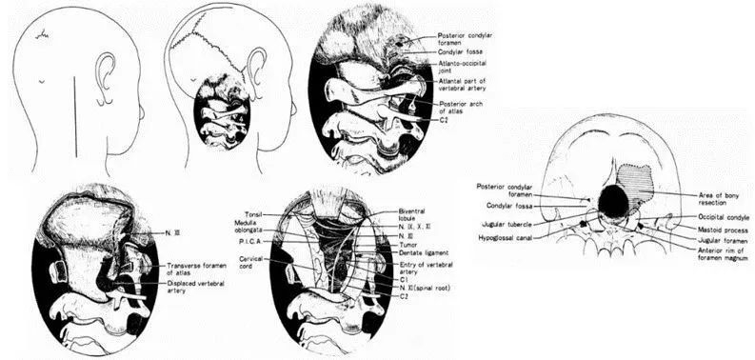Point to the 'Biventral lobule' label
(416, 214)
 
